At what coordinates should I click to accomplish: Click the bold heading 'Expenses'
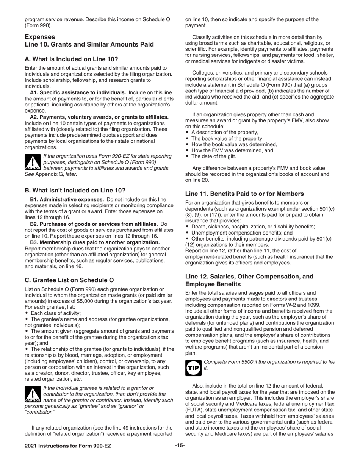click(40, 37)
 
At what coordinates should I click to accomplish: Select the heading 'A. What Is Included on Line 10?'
click(71, 59)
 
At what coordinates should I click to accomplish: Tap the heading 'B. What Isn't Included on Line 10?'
click(75, 190)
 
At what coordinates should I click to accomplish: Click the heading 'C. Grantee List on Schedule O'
click(69, 280)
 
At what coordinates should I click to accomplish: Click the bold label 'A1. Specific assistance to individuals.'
click(78, 92)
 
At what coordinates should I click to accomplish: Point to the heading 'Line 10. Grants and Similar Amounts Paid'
click(89, 44)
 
